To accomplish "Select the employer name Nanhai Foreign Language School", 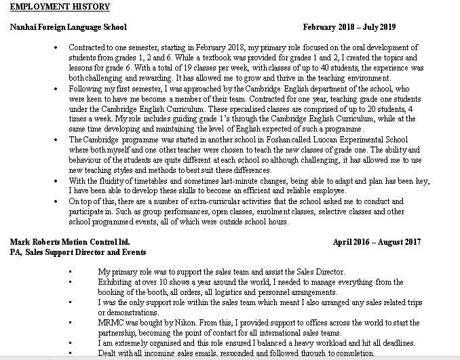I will (x=69, y=27).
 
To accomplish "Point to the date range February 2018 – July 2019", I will (x=349, y=27).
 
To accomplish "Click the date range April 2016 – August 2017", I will (x=377, y=241).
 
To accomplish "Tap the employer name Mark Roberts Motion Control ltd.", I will (x=70, y=241).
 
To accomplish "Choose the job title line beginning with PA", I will (x=78, y=252).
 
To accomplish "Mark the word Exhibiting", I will (x=117, y=281).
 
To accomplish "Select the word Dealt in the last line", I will (x=109, y=353).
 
